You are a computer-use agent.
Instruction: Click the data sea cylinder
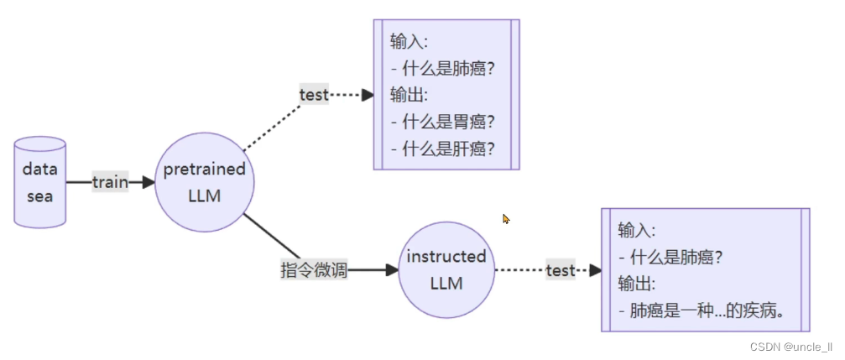point(39,182)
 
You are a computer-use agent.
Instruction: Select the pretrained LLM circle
point(205,182)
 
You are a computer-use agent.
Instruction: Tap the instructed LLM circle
point(446,270)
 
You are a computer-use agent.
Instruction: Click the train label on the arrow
point(110,182)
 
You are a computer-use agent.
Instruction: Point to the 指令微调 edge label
point(313,270)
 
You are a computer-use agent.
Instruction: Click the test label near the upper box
point(314,95)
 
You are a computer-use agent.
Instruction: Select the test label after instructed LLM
point(561,270)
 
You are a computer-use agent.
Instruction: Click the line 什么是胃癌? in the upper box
point(442,122)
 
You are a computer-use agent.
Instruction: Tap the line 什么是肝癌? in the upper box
point(442,149)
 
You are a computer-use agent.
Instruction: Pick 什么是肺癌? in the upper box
point(442,68)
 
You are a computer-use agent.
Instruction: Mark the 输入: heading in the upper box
point(409,41)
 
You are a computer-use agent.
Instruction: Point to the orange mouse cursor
point(506,219)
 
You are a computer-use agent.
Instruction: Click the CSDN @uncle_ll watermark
point(790,347)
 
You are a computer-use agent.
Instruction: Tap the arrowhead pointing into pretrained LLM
point(149,182)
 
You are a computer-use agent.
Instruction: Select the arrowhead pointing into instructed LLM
point(391,270)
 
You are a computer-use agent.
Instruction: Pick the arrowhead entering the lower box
point(596,270)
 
